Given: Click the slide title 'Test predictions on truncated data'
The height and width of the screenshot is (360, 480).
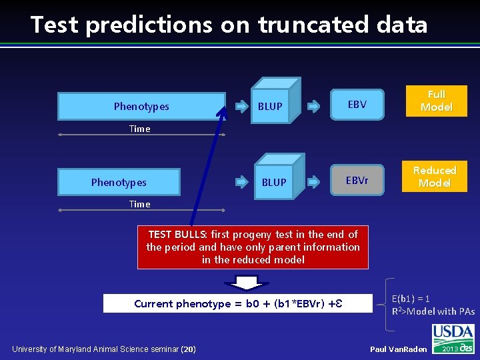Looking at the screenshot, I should click(229, 25).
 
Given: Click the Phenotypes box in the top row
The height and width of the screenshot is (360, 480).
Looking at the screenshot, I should click(141, 106).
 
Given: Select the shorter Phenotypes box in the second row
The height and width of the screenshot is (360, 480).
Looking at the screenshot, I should click(119, 182).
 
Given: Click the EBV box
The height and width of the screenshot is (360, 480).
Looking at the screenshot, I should click(357, 104).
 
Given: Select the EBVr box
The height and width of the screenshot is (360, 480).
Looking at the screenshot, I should click(357, 180).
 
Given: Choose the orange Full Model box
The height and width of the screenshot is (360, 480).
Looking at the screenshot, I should click(436, 101).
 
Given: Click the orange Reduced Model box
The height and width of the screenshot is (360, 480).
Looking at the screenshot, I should click(435, 177).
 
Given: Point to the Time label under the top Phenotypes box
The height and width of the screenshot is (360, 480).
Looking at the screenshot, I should click(139, 129).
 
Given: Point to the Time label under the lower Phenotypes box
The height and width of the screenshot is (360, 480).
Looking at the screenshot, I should click(139, 204).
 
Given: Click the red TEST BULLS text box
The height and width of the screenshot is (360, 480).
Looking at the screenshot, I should click(253, 247).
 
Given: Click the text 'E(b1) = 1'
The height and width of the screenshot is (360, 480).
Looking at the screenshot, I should click(411, 299).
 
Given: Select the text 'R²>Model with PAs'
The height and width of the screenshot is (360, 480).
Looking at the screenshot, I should click(433, 311).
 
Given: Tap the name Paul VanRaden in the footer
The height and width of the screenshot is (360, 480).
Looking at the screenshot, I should click(398, 349).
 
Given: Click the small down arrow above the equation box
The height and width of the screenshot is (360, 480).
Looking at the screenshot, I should click(247, 283).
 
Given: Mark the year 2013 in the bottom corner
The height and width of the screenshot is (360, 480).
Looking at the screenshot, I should click(450, 349).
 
